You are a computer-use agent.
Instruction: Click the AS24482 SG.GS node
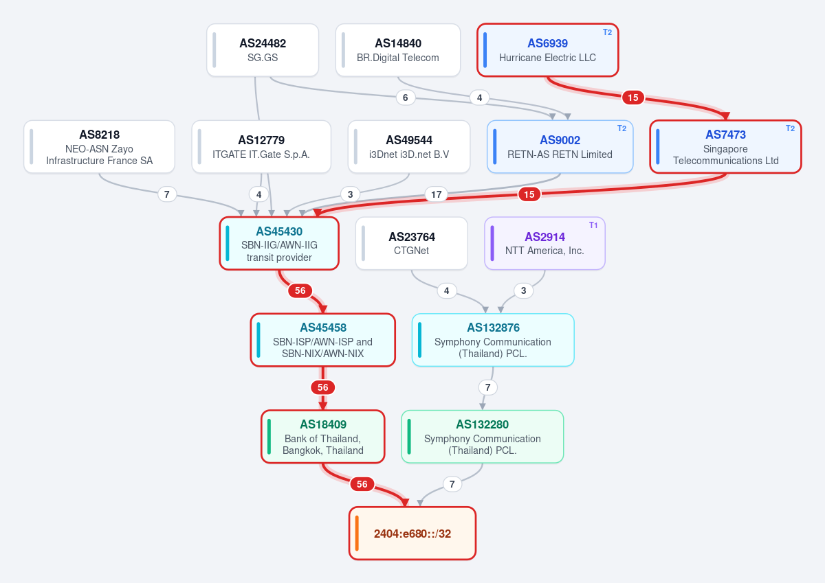[x=263, y=50]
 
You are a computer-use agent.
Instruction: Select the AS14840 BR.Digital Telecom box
[x=398, y=50]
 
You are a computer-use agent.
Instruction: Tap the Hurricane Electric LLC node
[x=548, y=50]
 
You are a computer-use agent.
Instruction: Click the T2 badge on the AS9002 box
[x=621, y=128]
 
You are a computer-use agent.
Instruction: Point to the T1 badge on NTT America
[x=593, y=225]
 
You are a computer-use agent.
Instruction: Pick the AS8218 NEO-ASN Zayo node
[x=99, y=147]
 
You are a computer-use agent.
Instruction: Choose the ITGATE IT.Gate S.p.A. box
[x=261, y=147]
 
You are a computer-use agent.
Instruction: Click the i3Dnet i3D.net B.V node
[x=409, y=147]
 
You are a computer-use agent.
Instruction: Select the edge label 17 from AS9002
[x=436, y=194]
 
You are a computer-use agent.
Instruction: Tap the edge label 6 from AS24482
[x=405, y=98]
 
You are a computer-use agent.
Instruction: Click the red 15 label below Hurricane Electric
[x=632, y=98]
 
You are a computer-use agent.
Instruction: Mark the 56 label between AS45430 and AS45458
[x=300, y=290]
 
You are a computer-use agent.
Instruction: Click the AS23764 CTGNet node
[x=411, y=243]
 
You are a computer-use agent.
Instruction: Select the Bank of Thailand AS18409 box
[x=323, y=437]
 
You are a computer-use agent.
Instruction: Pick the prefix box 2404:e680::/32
[x=412, y=534]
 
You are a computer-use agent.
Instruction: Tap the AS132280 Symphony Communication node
[x=482, y=437]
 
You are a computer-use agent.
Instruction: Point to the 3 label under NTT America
[x=523, y=290]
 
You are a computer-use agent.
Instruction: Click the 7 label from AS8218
[x=167, y=194]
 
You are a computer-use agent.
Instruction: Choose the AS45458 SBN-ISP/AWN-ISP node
[x=323, y=340]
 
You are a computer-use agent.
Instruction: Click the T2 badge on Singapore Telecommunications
[x=790, y=128]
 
